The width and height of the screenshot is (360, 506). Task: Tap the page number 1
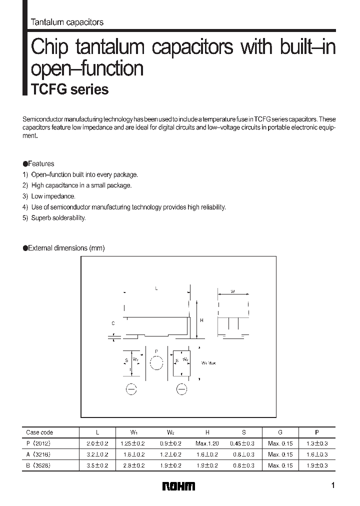point(333,485)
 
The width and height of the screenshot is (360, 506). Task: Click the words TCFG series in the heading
point(70,89)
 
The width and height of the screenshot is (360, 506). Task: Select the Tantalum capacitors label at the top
point(67,22)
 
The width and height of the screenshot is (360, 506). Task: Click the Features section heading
point(38,163)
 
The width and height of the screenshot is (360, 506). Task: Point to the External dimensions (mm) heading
point(63,248)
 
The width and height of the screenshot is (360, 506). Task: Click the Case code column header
point(39,432)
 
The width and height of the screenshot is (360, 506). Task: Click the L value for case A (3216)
point(98,454)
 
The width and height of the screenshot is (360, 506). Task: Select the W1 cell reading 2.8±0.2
point(133,465)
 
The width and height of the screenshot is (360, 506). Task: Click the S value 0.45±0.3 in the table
point(242,443)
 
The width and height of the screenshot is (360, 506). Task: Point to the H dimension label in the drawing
point(201,320)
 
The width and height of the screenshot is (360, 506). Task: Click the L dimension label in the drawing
point(156,288)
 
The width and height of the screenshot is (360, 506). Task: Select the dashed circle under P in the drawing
point(156,362)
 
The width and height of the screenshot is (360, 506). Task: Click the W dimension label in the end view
point(233,291)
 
